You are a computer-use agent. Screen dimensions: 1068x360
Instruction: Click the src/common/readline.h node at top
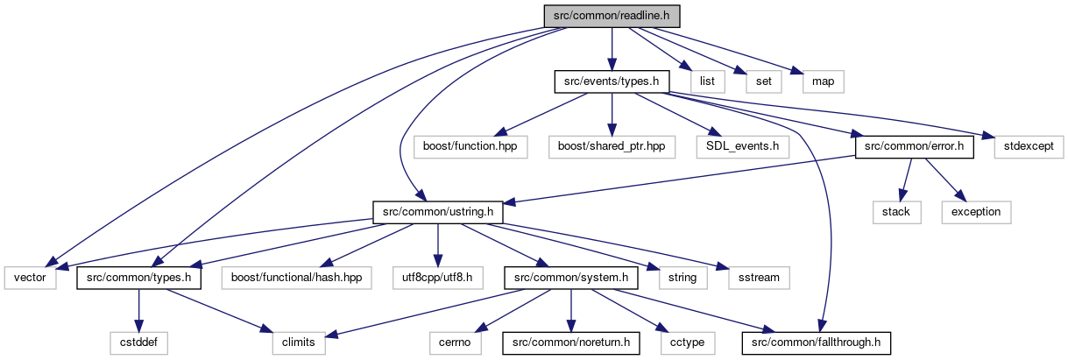612,16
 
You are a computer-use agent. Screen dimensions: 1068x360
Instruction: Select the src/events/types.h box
612,81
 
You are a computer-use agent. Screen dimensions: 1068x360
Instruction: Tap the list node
708,81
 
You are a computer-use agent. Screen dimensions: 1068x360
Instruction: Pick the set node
764,81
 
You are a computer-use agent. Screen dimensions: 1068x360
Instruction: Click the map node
824,81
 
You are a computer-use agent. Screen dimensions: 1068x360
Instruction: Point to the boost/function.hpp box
470,147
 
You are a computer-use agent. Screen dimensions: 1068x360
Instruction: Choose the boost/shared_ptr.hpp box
612,147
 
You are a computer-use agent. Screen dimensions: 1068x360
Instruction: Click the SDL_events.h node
743,147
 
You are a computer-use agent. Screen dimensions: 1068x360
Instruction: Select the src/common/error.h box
915,147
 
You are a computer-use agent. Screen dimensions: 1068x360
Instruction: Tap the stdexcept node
1029,147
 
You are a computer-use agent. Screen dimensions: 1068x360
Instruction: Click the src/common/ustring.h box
438,212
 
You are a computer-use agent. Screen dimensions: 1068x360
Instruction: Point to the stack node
897,212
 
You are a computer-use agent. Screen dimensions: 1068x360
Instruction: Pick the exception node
977,212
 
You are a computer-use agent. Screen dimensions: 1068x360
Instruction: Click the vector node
30,278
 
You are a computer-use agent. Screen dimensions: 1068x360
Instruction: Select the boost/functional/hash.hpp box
296,278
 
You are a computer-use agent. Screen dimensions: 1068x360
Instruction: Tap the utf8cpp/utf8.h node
438,278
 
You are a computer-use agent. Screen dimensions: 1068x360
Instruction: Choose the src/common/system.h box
571,278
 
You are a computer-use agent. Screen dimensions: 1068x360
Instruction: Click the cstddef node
138,342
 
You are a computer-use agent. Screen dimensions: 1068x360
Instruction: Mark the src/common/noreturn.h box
571,342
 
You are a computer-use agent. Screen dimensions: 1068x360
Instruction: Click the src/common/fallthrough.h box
817,342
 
